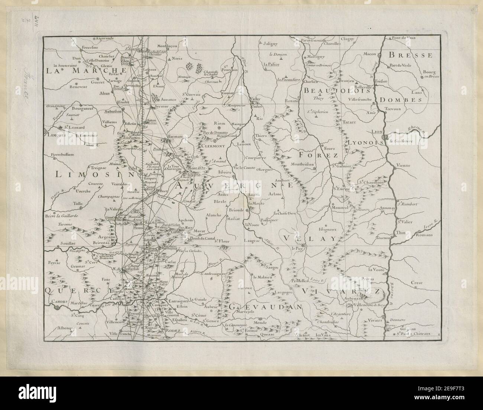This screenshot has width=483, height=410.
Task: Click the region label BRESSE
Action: [x=411, y=55]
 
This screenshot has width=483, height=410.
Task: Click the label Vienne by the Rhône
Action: [x=403, y=164]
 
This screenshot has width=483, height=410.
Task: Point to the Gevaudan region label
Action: [x=264, y=307]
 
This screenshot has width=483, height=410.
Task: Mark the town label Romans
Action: [x=424, y=235]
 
